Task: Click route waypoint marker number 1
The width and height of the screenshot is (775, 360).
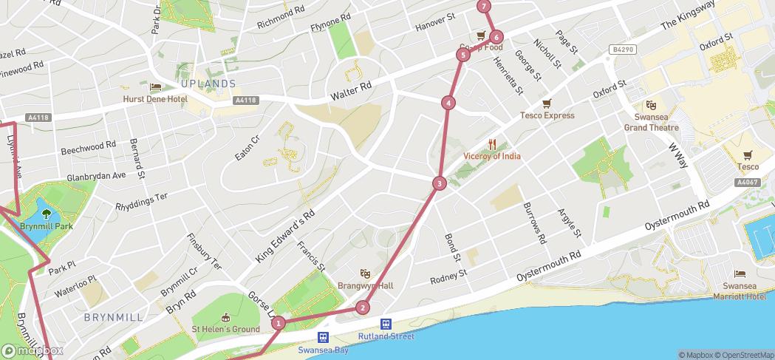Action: point(279,322)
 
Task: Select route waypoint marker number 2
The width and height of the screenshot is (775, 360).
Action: point(362,308)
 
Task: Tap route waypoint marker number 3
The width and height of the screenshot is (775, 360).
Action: point(440,183)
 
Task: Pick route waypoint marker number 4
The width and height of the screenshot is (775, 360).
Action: point(448,103)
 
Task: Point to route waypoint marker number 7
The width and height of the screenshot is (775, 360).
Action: point(484,7)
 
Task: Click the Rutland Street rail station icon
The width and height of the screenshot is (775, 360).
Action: point(386,324)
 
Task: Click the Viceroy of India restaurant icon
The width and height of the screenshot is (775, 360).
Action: point(492,145)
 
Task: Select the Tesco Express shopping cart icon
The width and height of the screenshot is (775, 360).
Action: point(547,103)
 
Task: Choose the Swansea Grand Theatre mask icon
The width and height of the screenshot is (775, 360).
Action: point(651,106)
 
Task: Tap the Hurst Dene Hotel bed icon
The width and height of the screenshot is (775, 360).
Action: point(156,87)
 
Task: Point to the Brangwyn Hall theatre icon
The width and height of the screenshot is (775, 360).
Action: point(365,274)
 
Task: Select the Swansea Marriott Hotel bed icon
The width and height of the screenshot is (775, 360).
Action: point(740,274)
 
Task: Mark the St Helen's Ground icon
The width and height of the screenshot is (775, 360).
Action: point(225,318)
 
